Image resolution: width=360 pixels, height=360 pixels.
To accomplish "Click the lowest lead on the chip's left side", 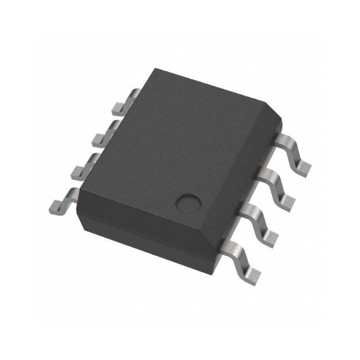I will click(63, 200).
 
